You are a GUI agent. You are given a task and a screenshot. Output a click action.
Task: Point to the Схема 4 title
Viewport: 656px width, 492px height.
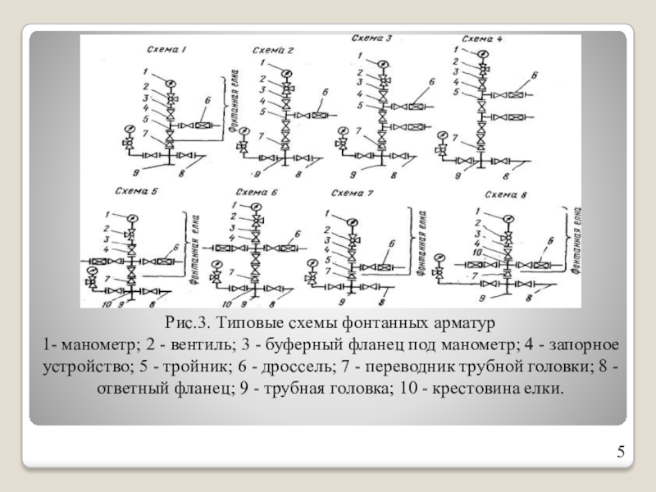483,39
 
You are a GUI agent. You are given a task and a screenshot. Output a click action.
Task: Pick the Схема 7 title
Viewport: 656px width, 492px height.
352,194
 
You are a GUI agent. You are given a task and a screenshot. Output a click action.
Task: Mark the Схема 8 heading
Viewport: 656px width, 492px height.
507,194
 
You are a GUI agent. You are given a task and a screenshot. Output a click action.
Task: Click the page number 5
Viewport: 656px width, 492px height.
621,452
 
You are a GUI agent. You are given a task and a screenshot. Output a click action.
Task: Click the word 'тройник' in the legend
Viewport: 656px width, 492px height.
164,364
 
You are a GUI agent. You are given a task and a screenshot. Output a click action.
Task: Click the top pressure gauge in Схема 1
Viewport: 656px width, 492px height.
169,81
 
